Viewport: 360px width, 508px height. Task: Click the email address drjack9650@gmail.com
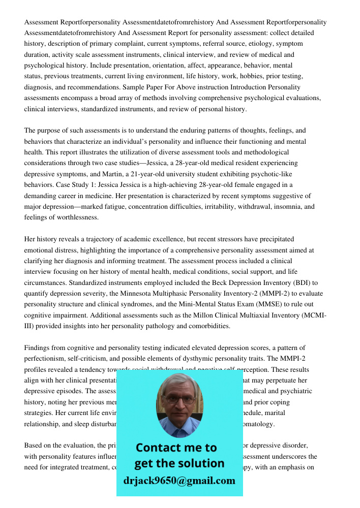click(x=179, y=481)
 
